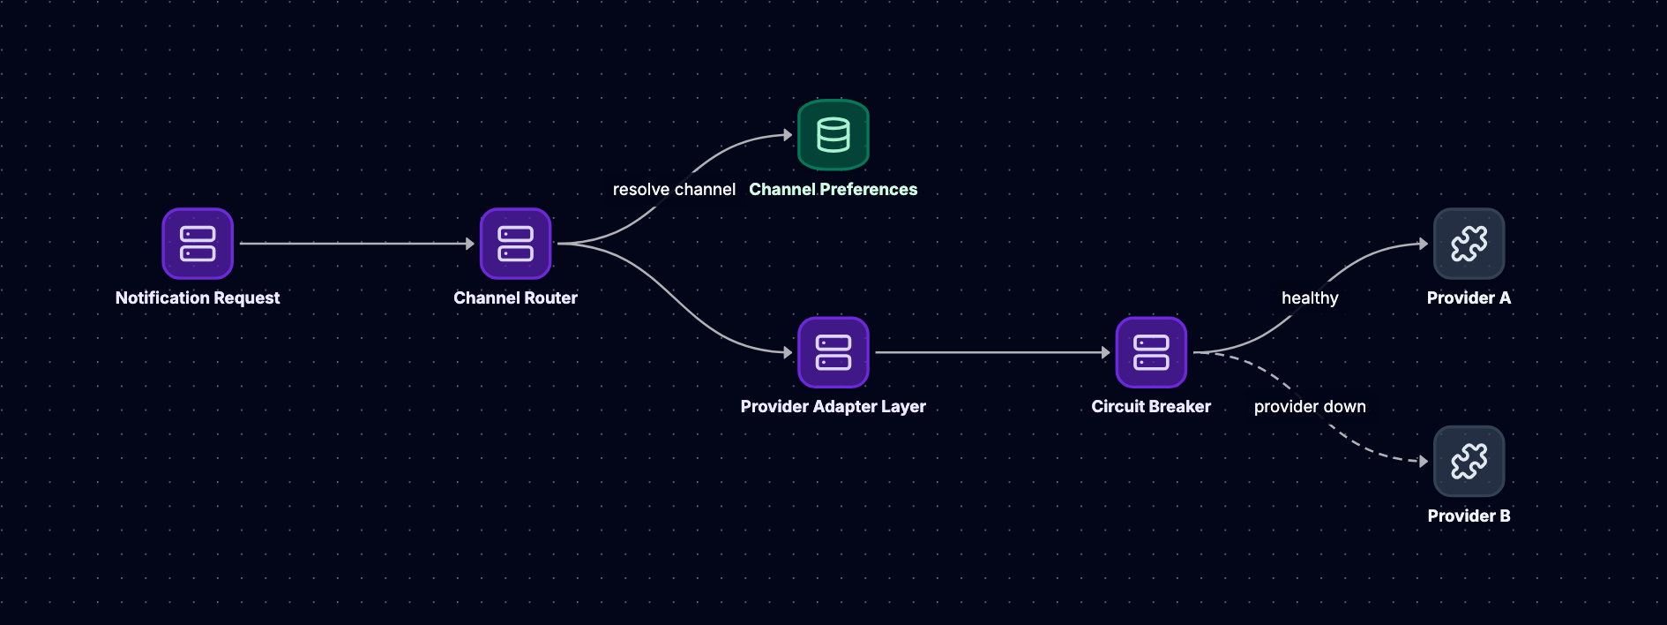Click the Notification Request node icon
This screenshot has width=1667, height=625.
[x=198, y=244]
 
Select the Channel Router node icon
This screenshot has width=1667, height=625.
[x=515, y=244]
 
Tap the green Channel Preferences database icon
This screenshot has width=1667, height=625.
[x=833, y=135]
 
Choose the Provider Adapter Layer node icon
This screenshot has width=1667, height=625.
[x=833, y=352]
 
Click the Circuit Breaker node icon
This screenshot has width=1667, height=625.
[x=1151, y=352]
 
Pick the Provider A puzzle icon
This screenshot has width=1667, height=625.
[x=1469, y=244]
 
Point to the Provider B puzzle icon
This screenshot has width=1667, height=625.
[x=1469, y=461]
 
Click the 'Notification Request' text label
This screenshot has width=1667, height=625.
[x=198, y=298]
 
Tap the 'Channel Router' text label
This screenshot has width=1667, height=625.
[x=515, y=298]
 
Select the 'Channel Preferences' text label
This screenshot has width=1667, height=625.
[x=833, y=189]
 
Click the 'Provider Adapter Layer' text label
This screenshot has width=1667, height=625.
[x=833, y=407]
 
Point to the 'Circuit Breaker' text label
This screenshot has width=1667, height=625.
[x=1151, y=407]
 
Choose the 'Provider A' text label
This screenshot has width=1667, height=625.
[x=1469, y=298]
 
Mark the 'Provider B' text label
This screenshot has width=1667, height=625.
[x=1469, y=516]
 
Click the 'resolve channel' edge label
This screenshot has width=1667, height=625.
[x=674, y=190]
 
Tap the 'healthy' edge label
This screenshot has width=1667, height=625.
[x=1310, y=298]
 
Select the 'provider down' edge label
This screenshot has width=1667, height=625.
[x=1310, y=407]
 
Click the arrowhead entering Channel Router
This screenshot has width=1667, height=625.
[x=470, y=244]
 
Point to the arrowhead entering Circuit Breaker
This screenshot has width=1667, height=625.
[x=1106, y=352]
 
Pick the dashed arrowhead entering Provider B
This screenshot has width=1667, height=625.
[x=1424, y=461]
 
